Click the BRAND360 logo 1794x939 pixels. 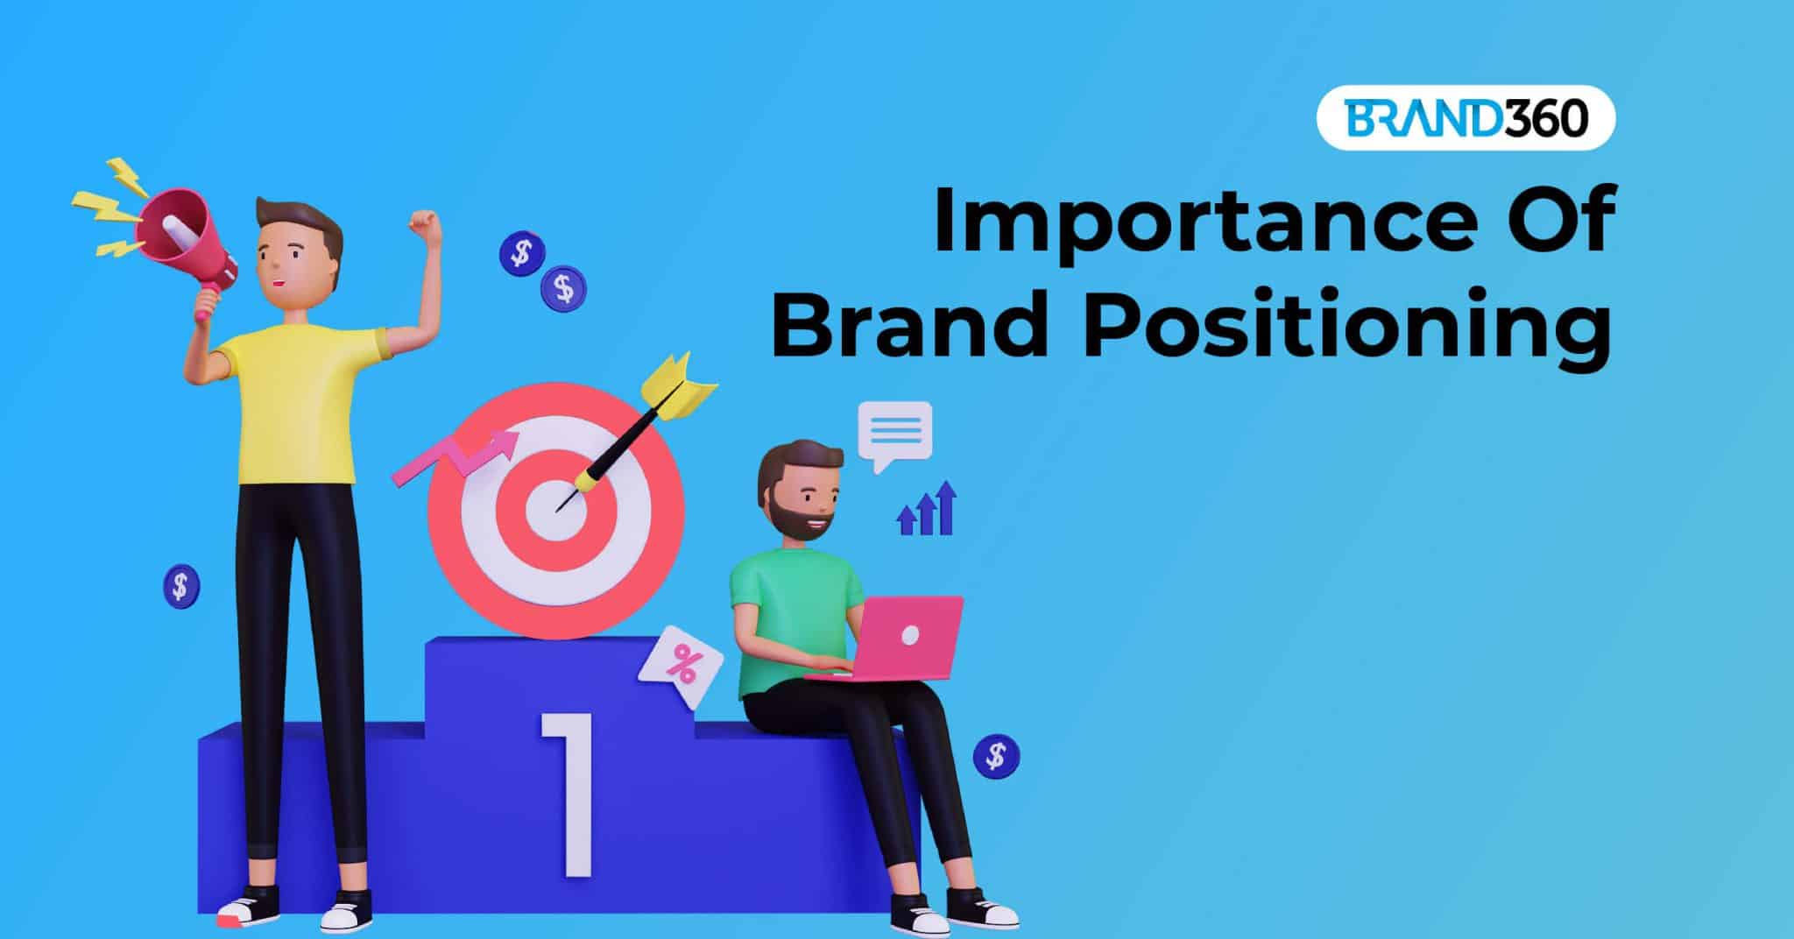coord(1466,117)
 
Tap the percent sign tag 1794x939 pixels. coord(681,666)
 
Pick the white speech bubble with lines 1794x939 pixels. coord(894,432)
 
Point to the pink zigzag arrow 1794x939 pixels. coord(456,455)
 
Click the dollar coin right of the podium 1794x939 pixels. coord(996,754)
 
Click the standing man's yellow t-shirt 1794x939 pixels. coord(293,403)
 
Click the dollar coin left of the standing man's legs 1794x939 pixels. coord(180,585)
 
